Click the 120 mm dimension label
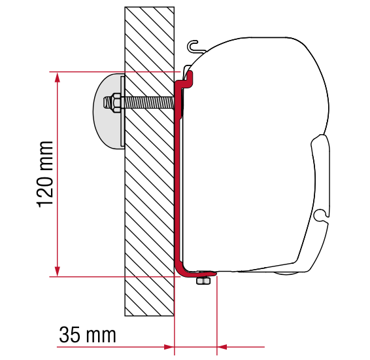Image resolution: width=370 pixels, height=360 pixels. coord(45,174)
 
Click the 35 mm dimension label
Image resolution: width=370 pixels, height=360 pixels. coord(88,334)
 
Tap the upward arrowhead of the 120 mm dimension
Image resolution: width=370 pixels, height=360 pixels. coord(57,77)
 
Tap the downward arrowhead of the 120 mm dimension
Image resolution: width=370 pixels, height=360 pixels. coord(57,271)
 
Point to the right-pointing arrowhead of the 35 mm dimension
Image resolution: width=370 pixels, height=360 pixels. coord(169,347)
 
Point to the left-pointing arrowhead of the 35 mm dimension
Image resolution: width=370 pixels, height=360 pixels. coord(222,347)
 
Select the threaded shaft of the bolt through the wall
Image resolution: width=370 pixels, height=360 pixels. coord(148,103)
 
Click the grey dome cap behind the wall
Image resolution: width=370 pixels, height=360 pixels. coord(107,111)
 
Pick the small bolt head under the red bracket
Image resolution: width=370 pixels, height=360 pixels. coord(203,281)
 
